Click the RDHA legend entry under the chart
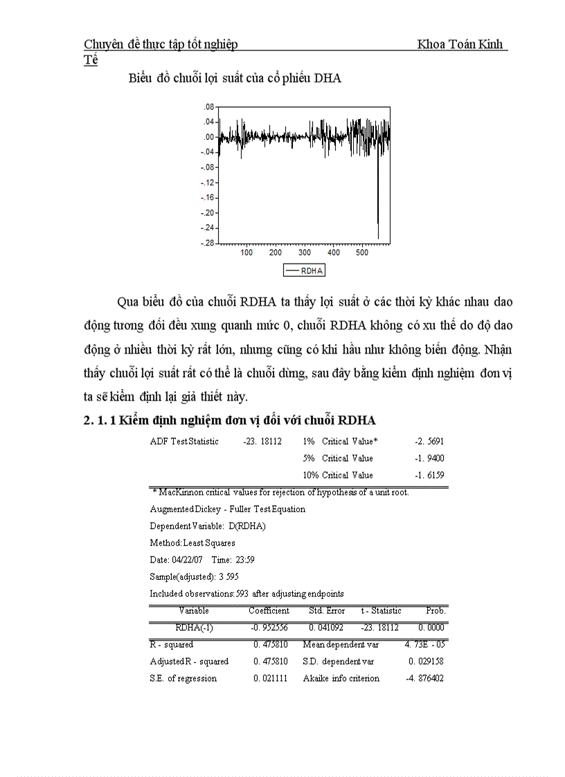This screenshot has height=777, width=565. tap(305, 271)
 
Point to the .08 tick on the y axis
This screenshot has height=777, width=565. tap(208, 107)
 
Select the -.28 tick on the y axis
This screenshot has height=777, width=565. tap(206, 244)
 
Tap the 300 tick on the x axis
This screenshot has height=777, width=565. tap(304, 253)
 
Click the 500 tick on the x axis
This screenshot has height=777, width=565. tap(361, 253)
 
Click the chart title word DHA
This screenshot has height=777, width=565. tap(328, 78)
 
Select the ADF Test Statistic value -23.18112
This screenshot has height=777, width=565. tap(262, 441)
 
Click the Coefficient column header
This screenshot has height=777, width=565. tap(269, 611)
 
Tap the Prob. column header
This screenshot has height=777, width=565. tap(436, 611)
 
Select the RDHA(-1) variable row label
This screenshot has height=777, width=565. tap(193, 628)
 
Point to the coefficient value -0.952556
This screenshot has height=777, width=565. tap(269, 628)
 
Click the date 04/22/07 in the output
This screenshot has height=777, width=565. tap(186, 560)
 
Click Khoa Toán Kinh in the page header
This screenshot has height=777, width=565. tap(460, 45)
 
